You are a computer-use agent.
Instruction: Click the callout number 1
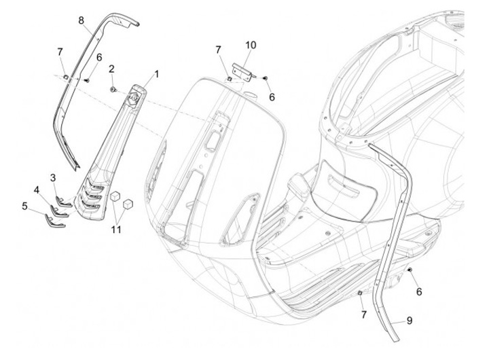point(157,73)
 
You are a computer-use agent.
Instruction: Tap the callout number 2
point(111,68)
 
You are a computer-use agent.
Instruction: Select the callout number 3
point(53,177)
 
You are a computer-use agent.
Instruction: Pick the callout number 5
point(24,204)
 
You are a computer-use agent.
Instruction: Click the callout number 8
point(81,20)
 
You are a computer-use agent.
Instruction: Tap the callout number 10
point(251,45)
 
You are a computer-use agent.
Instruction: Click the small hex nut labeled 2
point(112,89)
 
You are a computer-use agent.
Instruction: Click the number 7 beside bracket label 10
point(218,50)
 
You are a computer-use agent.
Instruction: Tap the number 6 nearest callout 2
point(99,58)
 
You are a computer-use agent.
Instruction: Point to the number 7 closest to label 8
point(60,52)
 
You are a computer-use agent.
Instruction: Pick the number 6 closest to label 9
point(419,291)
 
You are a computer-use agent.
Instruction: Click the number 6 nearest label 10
point(272,97)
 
